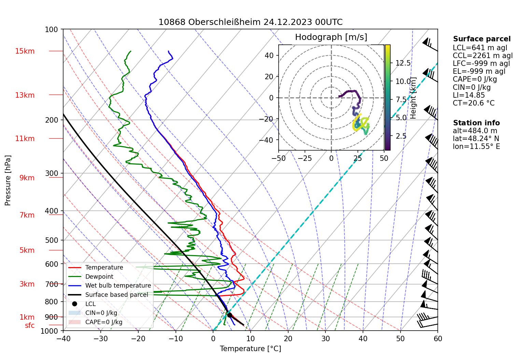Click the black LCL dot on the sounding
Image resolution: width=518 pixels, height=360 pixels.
click(x=229, y=315)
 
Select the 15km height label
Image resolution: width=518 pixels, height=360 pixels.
click(x=25, y=51)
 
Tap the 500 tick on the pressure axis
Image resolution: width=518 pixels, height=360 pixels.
click(x=52, y=240)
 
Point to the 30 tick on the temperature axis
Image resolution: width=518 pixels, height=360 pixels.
click(x=325, y=339)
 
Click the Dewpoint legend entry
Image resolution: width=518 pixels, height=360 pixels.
click(x=99, y=277)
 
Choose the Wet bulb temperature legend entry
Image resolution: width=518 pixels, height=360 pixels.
click(x=118, y=286)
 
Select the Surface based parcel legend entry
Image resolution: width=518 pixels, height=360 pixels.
click(x=116, y=295)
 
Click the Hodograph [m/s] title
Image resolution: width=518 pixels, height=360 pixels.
click(x=331, y=37)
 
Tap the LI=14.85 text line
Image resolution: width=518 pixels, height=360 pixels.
click(x=468, y=95)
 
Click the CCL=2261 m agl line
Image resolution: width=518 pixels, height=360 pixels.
click(x=482, y=56)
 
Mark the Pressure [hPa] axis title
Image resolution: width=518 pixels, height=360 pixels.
click(x=8, y=180)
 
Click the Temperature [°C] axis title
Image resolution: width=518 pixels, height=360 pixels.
click(x=250, y=349)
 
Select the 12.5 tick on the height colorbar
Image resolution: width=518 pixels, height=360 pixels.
click(x=403, y=63)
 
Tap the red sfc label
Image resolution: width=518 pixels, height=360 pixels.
click(x=30, y=326)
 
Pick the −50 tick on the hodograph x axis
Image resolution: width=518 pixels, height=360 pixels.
click(x=279, y=158)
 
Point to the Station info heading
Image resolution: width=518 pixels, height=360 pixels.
click(x=476, y=123)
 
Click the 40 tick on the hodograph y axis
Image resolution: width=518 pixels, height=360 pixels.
click(x=269, y=55)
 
